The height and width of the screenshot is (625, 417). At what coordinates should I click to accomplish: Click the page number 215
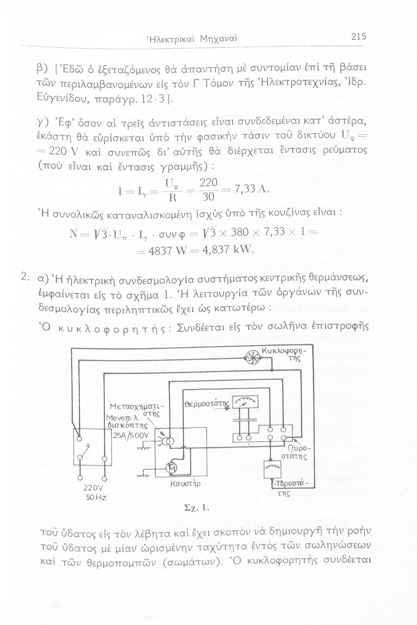click(x=358, y=37)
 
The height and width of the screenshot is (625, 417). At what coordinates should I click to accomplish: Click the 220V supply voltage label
click(x=93, y=488)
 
